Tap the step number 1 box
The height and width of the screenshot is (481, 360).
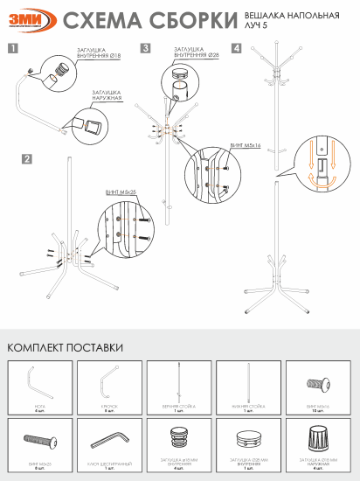coord(11,49)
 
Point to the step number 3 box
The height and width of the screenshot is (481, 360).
coord(145,49)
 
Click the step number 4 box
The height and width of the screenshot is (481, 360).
coord(237,49)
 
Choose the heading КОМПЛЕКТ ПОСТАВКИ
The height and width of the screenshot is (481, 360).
coord(65,347)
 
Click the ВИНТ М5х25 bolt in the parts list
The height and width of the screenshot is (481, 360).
coord(38,433)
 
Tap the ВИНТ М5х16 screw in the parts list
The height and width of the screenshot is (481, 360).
coord(315,383)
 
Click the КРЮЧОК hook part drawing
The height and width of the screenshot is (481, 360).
coord(108,382)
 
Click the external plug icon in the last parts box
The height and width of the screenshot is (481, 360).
coord(315,434)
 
